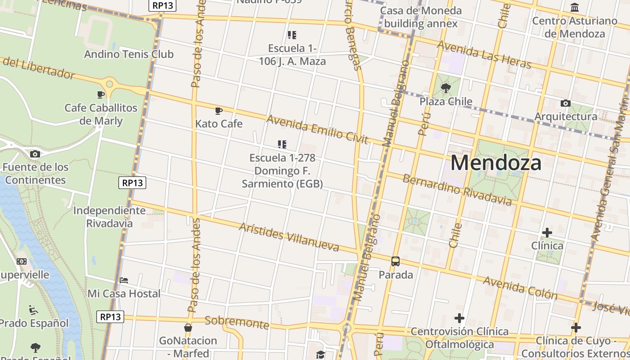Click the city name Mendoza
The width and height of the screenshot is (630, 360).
pyautogui.click(x=496, y=163)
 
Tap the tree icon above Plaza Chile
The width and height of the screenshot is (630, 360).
pyautogui.click(x=445, y=88)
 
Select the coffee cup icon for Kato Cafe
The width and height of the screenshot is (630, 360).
pyautogui.click(x=219, y=111)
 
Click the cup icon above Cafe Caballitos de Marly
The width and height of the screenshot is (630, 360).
pyautogui.click(x=101, y=94)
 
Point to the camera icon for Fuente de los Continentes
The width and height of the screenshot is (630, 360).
pyautogui.click(x=35, y=154)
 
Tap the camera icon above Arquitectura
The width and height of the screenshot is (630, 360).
pyautogui.click(x=566, y=103)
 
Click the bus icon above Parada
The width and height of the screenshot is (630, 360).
pyautogui.click(x=396, y=261)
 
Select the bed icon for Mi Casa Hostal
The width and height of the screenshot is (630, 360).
pyautogui.click(x=124, y=280)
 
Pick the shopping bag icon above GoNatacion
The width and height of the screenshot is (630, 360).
pyautogui.click(x=188, y=328)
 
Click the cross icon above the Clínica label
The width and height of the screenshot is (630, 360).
pyautogui.click(x=547, y=233)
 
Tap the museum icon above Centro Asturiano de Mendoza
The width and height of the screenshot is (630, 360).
pyautogui.click(x=575, y=8)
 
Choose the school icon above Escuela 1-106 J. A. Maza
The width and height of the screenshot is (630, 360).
pyautogui.click(x=292, y=35)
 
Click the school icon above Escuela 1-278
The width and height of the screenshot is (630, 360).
pyautogui.click(x=282, y=144)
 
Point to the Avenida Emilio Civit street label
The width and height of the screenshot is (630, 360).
pyautogui.click(x=318, y=129)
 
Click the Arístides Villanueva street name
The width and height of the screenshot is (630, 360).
pyautogui.click(x=289, y=237)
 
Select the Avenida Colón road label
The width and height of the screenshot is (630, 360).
pyautogui.click(x=520, y=288)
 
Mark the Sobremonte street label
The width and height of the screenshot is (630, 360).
pyautogui.click(x=237, y=322)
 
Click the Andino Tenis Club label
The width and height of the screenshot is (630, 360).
pyautogui.click(x=129, y=54)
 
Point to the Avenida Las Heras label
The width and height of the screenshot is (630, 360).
pyautogui.click(x=484, y=55)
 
